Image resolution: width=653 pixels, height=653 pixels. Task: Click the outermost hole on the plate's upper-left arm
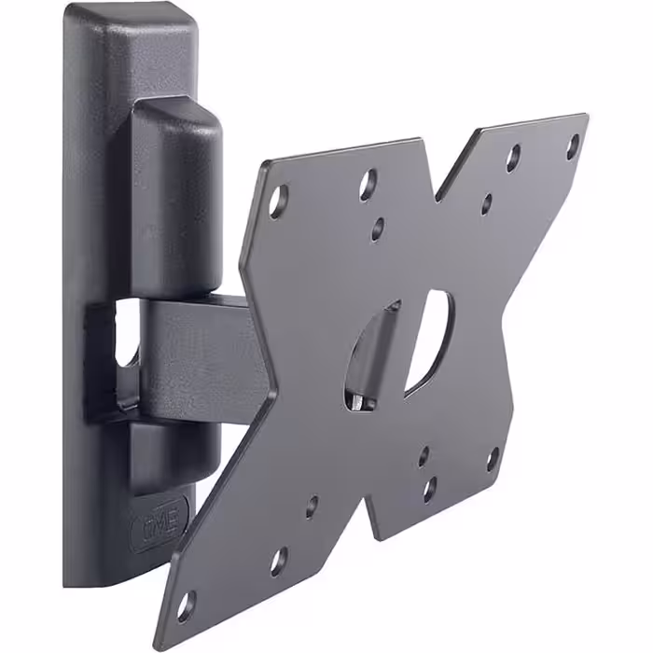tap(277, 198)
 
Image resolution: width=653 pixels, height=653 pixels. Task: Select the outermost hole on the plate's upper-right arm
tap(573, 144)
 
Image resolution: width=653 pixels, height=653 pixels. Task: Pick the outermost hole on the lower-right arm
tap(492, 458)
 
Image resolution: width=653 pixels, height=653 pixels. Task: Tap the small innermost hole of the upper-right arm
tap(486, 202)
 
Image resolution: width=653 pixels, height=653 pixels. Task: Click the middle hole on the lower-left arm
tap(277, 560)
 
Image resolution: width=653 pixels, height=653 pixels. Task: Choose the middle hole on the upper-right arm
tap(513, 158)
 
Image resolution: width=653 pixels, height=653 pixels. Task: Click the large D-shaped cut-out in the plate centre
tap(430, 340)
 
